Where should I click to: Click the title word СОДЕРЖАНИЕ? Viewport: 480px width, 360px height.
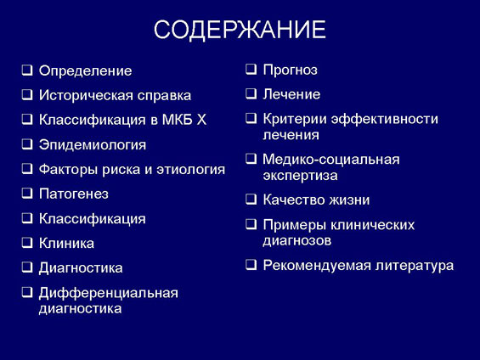240,30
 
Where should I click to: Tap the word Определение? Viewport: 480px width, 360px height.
86,71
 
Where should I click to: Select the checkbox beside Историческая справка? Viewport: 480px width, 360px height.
27,94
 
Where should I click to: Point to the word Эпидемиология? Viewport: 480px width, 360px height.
93,145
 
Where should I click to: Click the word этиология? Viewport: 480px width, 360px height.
190,170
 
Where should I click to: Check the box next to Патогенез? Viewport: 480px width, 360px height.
27,193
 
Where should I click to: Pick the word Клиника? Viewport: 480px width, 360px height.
66,244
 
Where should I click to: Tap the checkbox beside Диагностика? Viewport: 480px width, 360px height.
27,267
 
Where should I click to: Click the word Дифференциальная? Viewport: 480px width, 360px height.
109,293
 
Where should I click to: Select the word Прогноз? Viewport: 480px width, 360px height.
291,70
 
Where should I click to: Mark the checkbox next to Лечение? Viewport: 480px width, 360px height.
251,93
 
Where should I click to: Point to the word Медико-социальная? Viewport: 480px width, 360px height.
331,160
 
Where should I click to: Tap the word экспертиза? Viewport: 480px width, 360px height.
300,176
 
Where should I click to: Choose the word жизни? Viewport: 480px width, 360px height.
349,200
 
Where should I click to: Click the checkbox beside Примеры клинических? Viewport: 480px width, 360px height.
251,224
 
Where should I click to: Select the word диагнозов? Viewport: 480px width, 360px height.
297,241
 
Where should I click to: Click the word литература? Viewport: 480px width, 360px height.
415,266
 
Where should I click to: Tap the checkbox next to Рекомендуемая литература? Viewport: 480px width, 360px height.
251,264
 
